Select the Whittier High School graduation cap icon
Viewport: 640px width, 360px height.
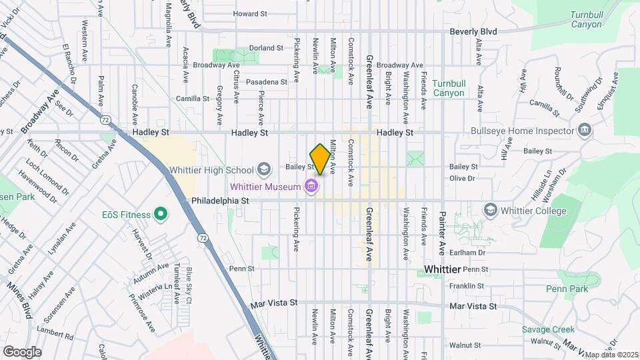tap(264, 169)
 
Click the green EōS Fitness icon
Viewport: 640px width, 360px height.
tap(160, 214)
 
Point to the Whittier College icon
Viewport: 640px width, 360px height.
tap(491, 211)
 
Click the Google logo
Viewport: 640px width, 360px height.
tap(22, 351)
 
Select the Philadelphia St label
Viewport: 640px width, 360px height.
tap(220, 200)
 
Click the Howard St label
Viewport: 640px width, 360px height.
tap(250, 13)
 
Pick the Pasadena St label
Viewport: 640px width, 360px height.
tap(266, 81)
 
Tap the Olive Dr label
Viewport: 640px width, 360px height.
tap(461, 179)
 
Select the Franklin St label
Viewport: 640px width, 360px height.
tap(466, 286)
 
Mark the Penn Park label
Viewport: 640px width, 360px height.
tap(567, 289)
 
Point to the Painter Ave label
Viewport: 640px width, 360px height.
tap(441, 233)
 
